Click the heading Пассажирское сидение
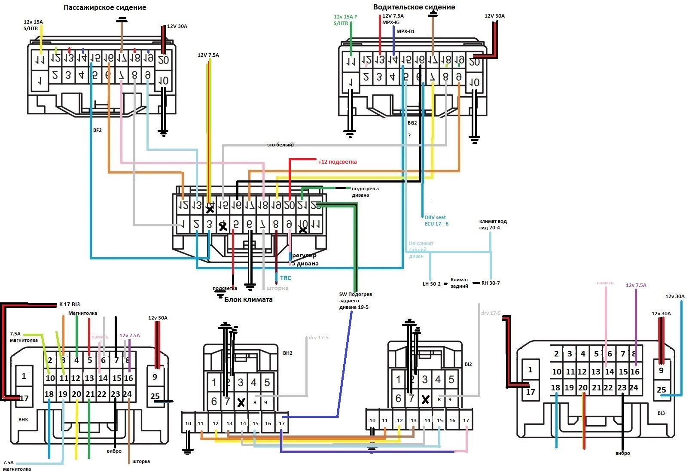pyautogui.click(x=105, y=8)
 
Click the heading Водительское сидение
pyautogui.click(x=414, y=7)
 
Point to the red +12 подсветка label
pyautogui.click(x=337, y=162)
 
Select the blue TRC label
pyautogui.click(x=285, y=278)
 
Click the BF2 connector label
pyautogui.click(x=98, y=130)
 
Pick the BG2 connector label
pyautogui.click(x=412, y=123)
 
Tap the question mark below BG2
pyautogui.click(x=409, y=136)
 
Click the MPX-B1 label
pyautogui.click(x=405, y=31)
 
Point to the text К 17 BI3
pyautogui.click(x=70, y=305)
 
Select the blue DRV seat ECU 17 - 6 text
pyautogui.click(x=436, y=221)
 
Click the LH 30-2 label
pyautogui.click(x=431, y=284)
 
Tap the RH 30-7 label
pyautogui.click(x=491, y=283)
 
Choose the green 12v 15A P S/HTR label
pyautogui.click(x=345, y=20)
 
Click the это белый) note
pyautogui.click(x=281, y=145)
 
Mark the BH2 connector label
pyautogui.click(x=287, y=353)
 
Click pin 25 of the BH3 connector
pyautogui.click(x=155, y=396)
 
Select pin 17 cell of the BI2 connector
pyautogui.click(x=466, y=420)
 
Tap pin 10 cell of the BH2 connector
pyautogui.click(x=188, y=423)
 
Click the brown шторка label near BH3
pyautogui.click(x=141, y=462)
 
